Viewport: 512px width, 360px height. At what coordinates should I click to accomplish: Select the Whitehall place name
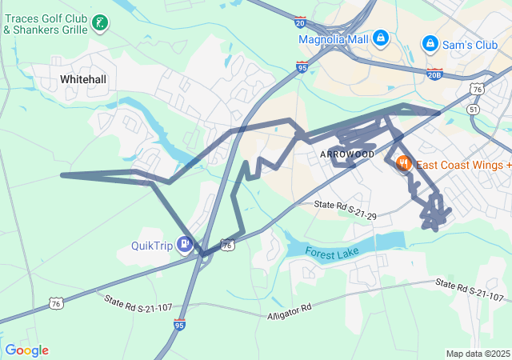tap(83, 79)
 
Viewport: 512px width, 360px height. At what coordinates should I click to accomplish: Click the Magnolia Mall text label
tap(333, 38)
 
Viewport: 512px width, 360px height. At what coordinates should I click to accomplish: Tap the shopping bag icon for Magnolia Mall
tap(381, 38)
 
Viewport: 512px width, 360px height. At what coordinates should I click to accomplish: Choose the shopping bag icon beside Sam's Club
tap(430, 43)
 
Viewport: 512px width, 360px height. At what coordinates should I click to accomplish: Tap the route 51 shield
tap(474, 110)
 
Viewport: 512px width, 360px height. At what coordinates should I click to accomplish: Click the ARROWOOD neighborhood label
tap(346, 154)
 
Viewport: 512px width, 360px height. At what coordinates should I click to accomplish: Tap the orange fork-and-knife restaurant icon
tap(403, 163)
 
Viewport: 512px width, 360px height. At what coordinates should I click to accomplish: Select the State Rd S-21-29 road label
tap(345, 210)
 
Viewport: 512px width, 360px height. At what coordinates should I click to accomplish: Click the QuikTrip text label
tap(152, 246)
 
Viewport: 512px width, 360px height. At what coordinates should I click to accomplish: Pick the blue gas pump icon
tap(186, 243)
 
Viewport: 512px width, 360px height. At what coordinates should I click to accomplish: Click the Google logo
tap(26, 350)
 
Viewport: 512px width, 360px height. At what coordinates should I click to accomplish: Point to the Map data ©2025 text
tap(477, 354)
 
